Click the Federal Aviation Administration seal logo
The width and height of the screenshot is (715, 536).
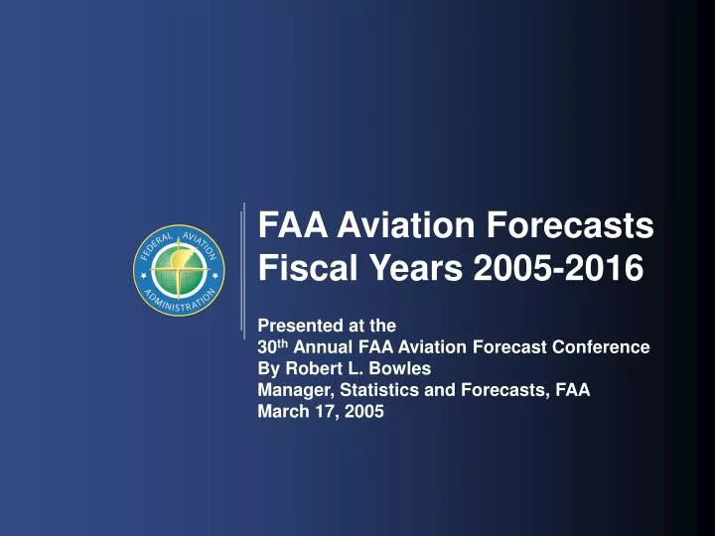pyautogui.click(x=180, y=271)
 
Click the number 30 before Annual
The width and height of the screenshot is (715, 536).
pyautogui.click(x=267, y=347)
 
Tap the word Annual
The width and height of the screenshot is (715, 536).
pyautogui.click(x=325, y=347)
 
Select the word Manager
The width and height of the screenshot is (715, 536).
pyautogui.click(x=290, y=391)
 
